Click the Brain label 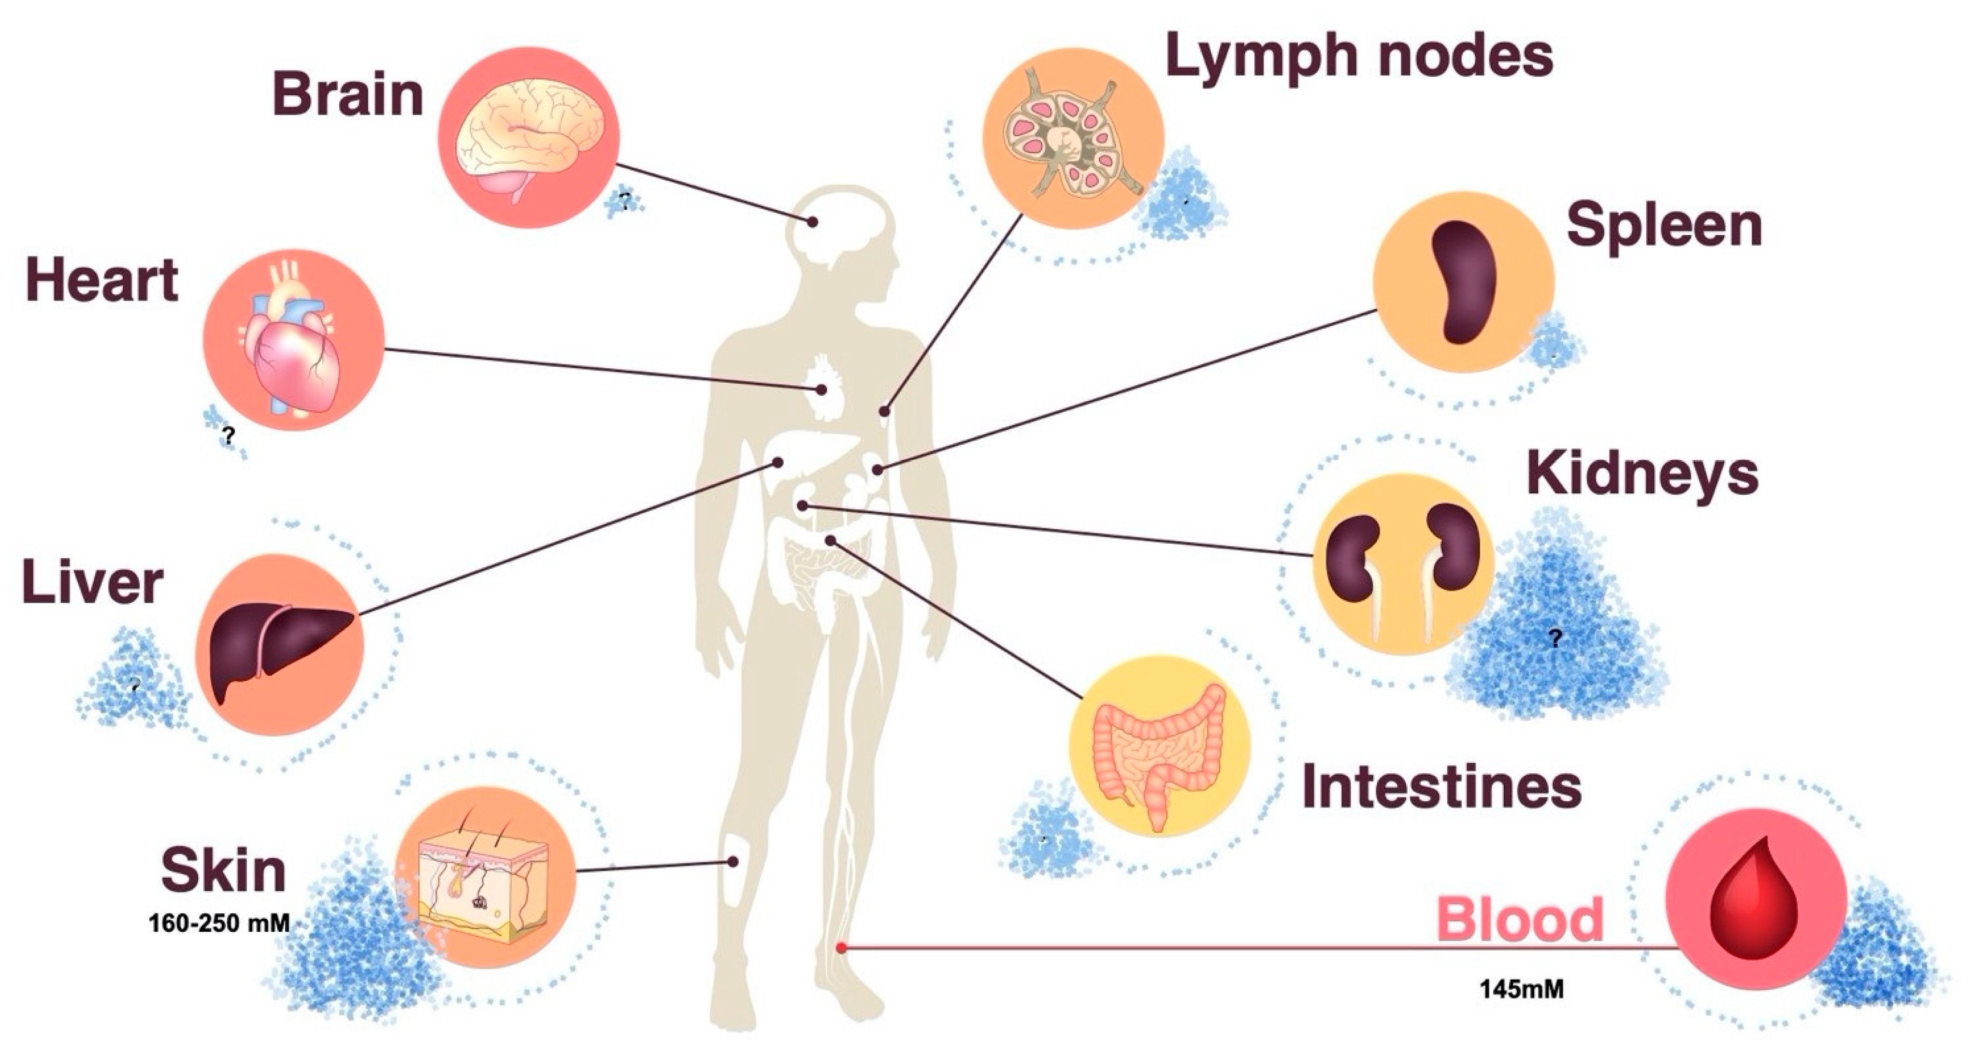[x=348, y=95]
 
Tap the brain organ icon [x=529, y=138]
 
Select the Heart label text [x=102, y=280]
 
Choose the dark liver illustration [x=280, y=644]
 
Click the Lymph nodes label [x=1359, y=56]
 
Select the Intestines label [x=1441, y=787]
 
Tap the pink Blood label [x=1520, y=919]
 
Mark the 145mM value [x=1521, y=989]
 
